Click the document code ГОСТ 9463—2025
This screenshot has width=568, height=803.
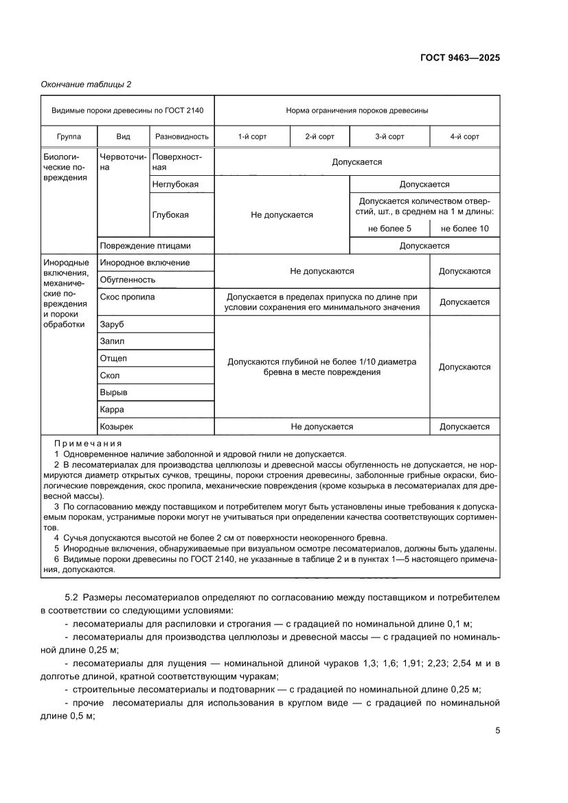click(459, 58)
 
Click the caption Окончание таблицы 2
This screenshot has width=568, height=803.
click(86, 84)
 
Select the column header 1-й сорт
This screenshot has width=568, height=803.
click(252, 137)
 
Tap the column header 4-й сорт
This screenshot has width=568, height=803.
click(464, 137)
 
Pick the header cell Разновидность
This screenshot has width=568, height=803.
click(182, 137)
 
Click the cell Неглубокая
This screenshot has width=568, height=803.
click(176, 184)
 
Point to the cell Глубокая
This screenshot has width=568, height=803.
click(170, 214)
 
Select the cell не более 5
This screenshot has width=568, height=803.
click(389, 228)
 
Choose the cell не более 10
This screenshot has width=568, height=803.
click(464, 228)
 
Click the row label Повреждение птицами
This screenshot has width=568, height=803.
click(145, 245)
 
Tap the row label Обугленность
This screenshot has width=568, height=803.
click(128, 280)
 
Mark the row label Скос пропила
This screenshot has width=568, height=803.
click(127, 297)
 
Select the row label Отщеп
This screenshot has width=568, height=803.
click(113, 358)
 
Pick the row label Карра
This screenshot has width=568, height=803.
click(112, 409)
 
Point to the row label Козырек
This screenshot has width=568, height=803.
click(117, 427)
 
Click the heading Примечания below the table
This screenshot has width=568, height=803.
click(88, 443)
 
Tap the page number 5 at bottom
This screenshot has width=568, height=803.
click(497, 730)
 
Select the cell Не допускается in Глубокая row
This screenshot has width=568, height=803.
click(282, 215)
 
